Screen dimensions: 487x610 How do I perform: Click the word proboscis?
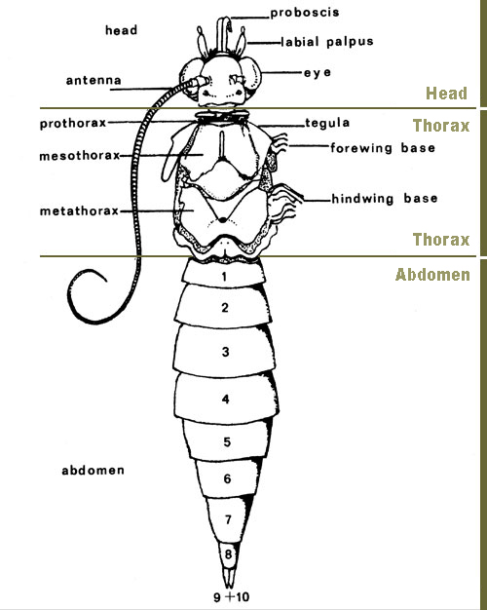point(305,13)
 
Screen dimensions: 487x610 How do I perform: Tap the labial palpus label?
point(326,42)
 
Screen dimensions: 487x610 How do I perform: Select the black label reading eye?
point(318,73)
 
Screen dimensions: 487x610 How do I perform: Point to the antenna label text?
point(94,81)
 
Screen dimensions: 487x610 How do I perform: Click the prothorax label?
point(73,124)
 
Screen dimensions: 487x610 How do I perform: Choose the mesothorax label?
point(79,156)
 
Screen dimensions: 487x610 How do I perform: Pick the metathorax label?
point(79,210)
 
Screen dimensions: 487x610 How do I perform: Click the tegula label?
point(327,124)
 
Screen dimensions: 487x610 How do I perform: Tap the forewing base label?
point(383,148)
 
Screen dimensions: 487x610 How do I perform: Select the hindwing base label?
point(385,199)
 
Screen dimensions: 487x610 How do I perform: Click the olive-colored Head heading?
point(446,94)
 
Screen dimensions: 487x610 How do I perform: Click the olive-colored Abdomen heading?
point(432,275)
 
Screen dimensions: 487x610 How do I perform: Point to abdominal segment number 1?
point(224,277)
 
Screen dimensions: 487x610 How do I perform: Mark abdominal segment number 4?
point(226,400)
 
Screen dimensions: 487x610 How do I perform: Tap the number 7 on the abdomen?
point(228,519)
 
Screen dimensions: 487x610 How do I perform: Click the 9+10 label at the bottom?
point(232,596)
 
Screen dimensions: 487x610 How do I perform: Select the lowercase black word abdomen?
point(93,471)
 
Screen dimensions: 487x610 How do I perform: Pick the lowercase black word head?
point(121,30)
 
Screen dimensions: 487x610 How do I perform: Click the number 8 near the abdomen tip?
point(228,554)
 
